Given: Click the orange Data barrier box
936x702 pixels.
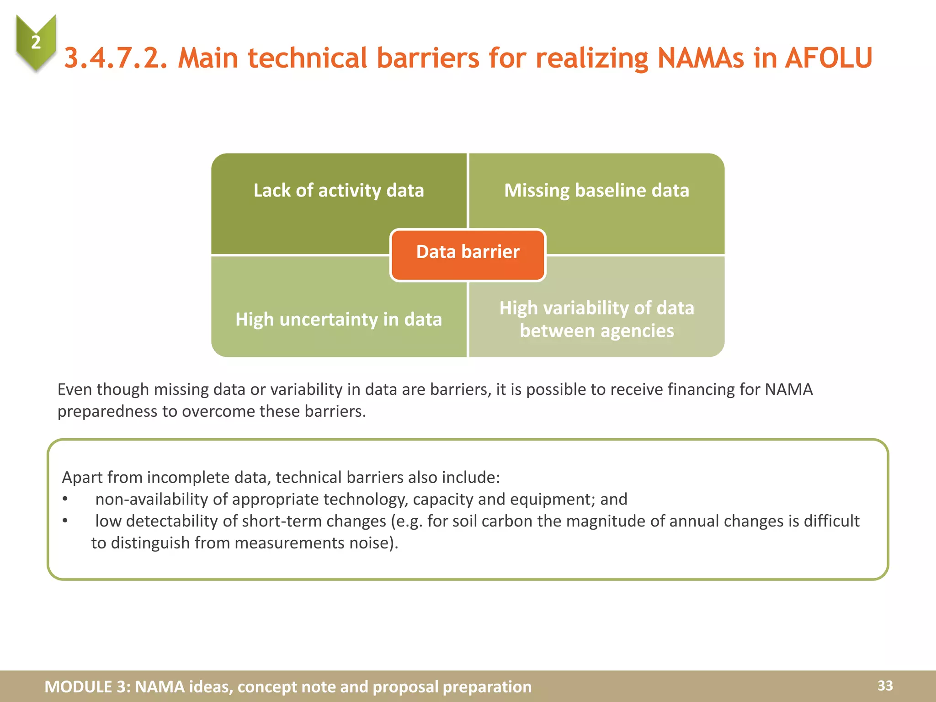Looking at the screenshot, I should (468, 255).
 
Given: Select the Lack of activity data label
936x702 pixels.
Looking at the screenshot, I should (339, 191).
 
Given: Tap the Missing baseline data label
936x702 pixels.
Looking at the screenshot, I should (596, 191).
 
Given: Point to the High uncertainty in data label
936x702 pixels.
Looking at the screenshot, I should (339, 319).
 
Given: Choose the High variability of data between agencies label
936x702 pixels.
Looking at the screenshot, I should (596, 319).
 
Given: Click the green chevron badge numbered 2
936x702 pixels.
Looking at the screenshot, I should (36, 42).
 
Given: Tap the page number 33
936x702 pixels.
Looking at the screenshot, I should (885, 686).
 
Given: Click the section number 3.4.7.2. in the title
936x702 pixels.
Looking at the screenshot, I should (116, 58).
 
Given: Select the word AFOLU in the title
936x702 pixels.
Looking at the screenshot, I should (829, 58).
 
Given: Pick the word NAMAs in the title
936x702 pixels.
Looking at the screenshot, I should (701, 58).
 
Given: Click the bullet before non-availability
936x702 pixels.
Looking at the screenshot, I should (65, 499).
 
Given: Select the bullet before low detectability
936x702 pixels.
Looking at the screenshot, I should (65, 521).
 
